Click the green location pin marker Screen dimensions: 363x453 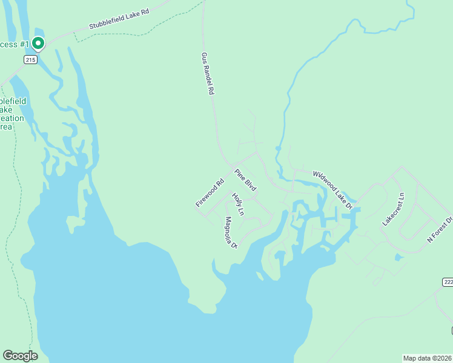(38, 43)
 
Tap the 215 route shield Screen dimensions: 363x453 (31, 59)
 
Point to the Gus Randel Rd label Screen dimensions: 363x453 (208, 73)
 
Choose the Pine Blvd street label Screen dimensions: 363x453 (246, 180)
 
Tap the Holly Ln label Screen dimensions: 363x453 (237, 204)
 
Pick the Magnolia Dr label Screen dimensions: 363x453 (230, 232)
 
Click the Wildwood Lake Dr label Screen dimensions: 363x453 (332, 189)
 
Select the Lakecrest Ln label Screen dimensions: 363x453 (392, 209)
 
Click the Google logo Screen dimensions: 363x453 (20, 356)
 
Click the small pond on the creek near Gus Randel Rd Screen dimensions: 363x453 (277, 148)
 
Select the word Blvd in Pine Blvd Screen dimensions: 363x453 (251, 185)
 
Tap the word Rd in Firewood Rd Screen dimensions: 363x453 (220, 181)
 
